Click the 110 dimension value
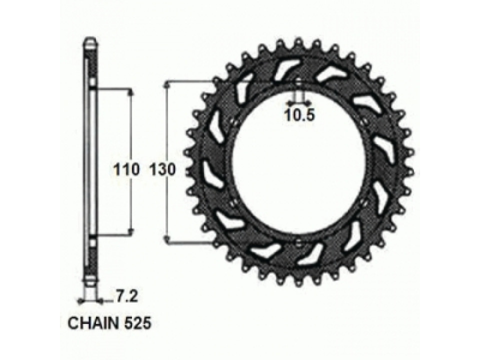point(125,170)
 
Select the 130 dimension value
point(162,170)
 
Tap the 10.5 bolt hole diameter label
point(299,115)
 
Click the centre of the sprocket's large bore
point(298,162)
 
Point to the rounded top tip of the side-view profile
point(90,40)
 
